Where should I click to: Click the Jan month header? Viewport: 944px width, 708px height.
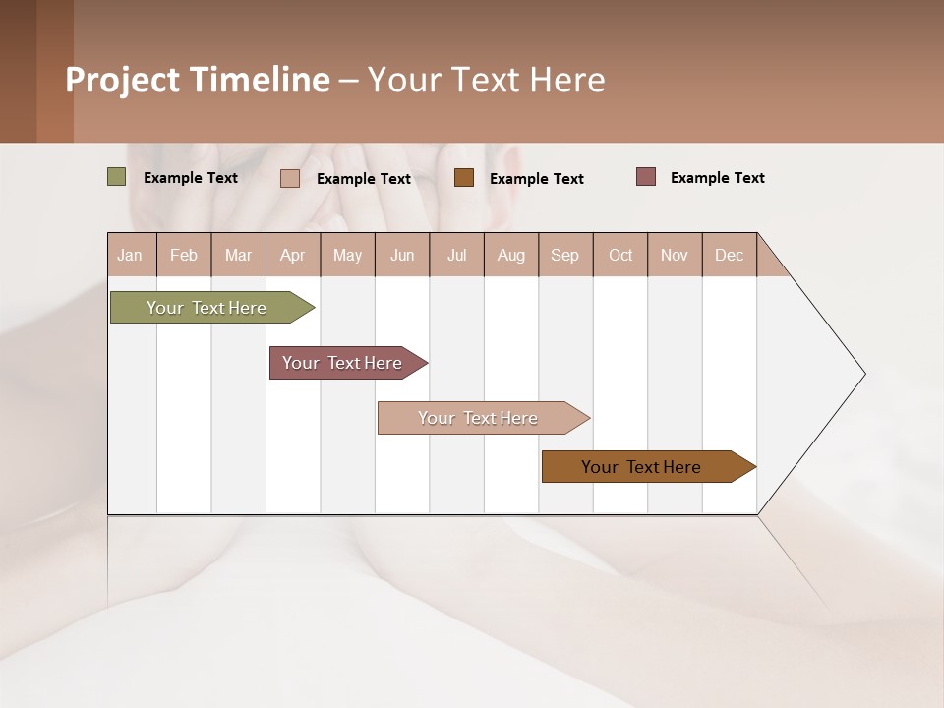[131, 255]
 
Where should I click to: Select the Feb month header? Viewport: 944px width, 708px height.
[184, 255]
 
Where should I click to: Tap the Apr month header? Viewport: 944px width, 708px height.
[293, 255]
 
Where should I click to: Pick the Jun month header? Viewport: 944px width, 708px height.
[402, 255]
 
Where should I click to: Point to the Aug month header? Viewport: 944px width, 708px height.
[511, 255]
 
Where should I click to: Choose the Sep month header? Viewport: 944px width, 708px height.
[565, 255]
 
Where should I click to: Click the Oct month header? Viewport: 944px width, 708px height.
[620, 255]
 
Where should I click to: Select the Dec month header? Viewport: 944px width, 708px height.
[730, 255]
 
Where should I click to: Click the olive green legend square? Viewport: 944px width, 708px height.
[117, 177]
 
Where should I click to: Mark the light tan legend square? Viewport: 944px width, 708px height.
[290, 178]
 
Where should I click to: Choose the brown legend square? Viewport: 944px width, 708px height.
[464, 178]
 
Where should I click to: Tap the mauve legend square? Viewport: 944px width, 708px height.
[646, 177]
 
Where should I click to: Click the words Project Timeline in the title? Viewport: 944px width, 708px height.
[198, 80]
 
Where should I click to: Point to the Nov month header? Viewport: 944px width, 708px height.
[675, 255]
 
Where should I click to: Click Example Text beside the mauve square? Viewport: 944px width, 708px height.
[717, 178]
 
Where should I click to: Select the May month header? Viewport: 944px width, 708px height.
[347, 255]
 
